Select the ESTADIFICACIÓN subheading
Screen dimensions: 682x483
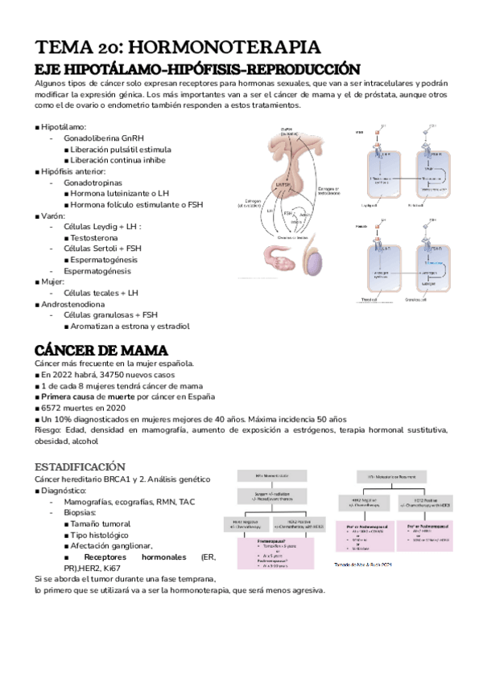tap(80, 466)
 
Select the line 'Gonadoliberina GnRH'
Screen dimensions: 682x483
tap(108, 138)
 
